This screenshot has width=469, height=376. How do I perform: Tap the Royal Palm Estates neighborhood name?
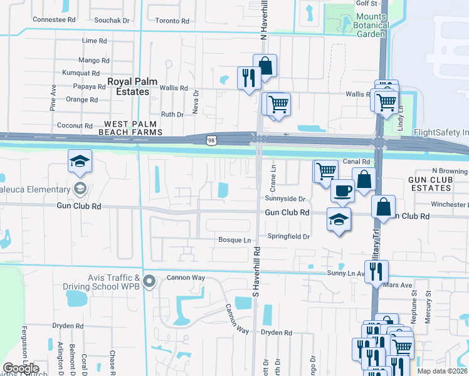click(128, 86)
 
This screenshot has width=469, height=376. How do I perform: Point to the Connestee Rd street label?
click(54, 20)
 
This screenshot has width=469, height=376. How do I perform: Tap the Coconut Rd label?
click(75, 125)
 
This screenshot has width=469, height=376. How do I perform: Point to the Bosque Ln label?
click(234, 240)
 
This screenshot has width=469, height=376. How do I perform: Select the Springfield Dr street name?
click(289, 237)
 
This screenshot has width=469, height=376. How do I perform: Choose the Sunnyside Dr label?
click(285, 199)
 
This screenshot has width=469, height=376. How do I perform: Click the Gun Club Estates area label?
click(430, 184)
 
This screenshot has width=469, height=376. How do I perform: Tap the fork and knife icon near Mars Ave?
click(376, 271)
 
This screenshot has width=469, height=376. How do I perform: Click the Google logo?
click(21, 368)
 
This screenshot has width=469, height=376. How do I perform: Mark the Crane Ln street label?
click(273, 179)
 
